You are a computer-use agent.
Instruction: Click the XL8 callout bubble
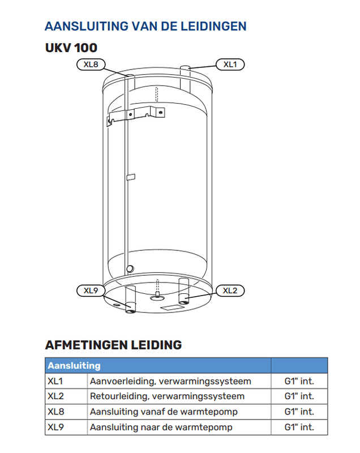[x=91, y=65]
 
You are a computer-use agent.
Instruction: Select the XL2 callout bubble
[x=230, y=290]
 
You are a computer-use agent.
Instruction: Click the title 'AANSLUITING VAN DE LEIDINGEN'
[x=145, y=26]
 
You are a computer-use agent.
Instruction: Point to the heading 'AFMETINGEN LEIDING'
[x=113, y=344]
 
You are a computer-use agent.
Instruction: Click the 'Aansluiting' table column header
[x=74, y=366]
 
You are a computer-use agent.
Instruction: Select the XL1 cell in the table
[x=55, y=381]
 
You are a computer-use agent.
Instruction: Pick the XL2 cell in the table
[x=55, y=396]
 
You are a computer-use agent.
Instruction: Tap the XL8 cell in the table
[x=55, y=412]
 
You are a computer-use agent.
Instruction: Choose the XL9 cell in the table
[x=55, y=427]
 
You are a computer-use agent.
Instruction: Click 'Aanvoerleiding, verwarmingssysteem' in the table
[x=170, y=381]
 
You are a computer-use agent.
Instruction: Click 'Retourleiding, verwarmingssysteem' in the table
[x=167, y=396]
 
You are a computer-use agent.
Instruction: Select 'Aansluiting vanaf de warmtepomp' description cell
[x=164, y=412]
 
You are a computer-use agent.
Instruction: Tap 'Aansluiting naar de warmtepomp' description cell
[x=161, y=427]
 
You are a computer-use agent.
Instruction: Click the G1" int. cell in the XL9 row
[x=299, y=427]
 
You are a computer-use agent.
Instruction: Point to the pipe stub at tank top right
[x=185, y=70]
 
